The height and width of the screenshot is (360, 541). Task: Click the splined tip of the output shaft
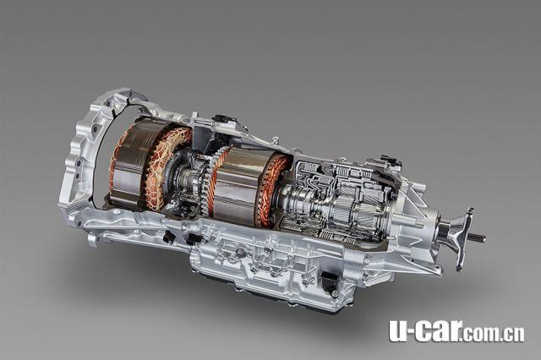click(x=479, y=237)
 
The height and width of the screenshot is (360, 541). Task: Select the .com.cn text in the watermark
click(x=494, y=334)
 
